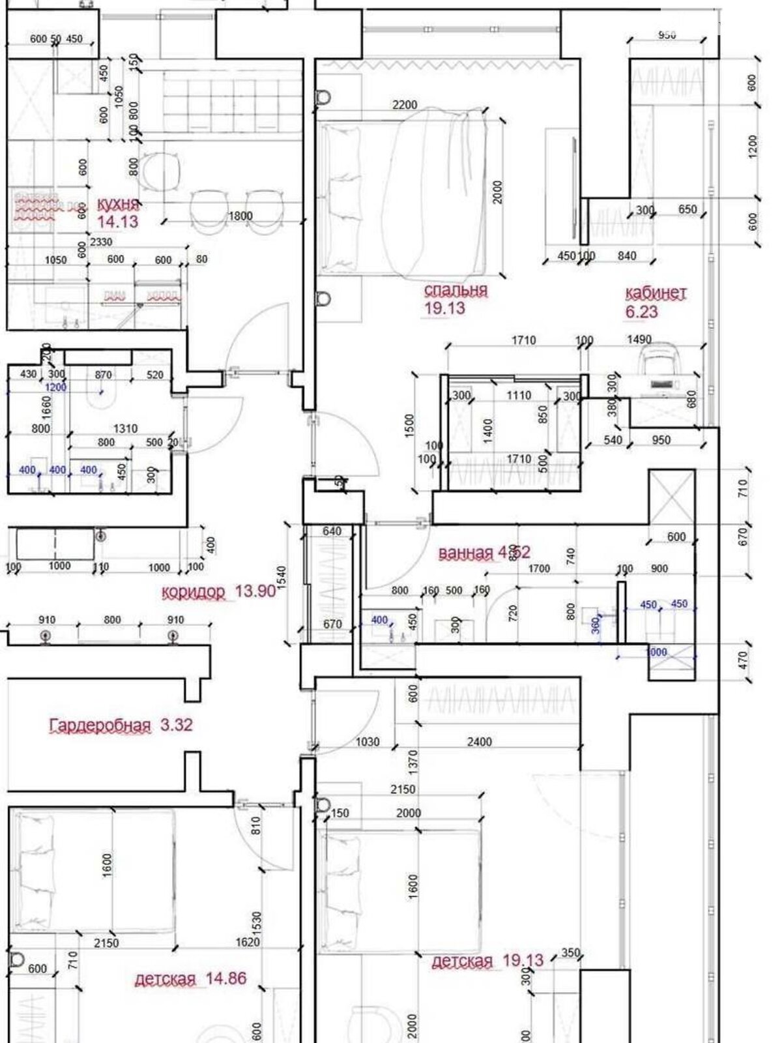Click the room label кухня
coord(117,204)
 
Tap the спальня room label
coord(456,290)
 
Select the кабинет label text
coord(655,293)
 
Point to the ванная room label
coord(466,553)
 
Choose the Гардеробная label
coord(100,725)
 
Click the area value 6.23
coord(641,312)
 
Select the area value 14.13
coord(117,222)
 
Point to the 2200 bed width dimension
coord(405,104)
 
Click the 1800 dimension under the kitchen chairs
coord(240,216)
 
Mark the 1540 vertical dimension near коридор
coord(282,578)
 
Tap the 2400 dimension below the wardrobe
coord(479,741)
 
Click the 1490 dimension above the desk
coord(639,339)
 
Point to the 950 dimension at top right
coord(667,35)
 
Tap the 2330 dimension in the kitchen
coord(100,242)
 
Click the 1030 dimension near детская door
coord(368,741)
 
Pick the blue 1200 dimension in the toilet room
coord(55,387)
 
